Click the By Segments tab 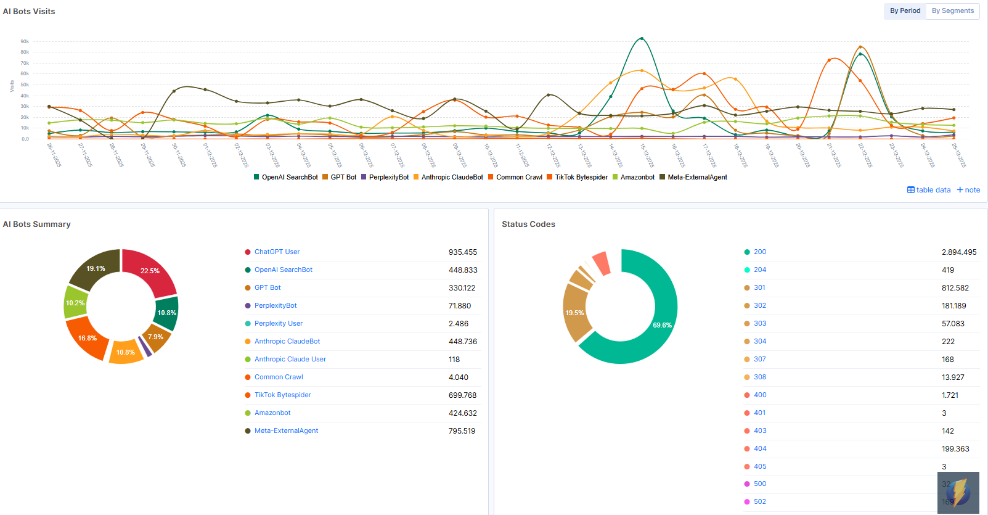click(x=952, y=11)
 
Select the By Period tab click(x=905, y=11)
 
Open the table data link click(x=929, y=190)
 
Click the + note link click(x=968, y=190)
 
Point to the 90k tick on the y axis click(x=25, y=42)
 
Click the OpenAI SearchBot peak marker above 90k click(x=642, y=38)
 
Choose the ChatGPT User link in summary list click(x=277, y=252)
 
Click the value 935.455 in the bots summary click(x=462, y=252)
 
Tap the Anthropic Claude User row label click(x=290, y=359)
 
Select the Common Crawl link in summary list click(x=279, y=377)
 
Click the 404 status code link click(x=760, y=448)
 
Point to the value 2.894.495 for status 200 click(x=959, y=252)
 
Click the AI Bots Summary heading click(x=37, y=225)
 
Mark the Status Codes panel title click(x=528, y=225)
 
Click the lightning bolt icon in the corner click(x=958, y=492)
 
